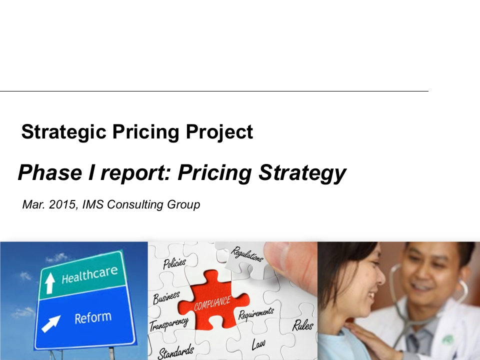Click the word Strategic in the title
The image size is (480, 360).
pyautogui.click(x=63, y=132)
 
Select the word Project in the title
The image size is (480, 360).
pyautogui.click(x=219, y=132)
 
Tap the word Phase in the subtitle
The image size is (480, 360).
pyautogui.click(x=50, y=172)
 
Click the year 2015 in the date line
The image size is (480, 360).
pyautogui.click(x=62, y=204)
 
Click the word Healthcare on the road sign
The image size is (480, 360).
pyautogui.click(x=89, y=274)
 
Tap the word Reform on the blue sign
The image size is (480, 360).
pyautogui.click(x=93, y=318)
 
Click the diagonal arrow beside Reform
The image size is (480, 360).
pyautogui.click(x=51, y=323)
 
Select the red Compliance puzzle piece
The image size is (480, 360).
pyautogui.click(x=213, y=300)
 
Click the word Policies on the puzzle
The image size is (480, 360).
pyautogui.click(x=174, y=263)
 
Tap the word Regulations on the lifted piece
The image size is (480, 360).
pyautogui.click(x=247, y=254)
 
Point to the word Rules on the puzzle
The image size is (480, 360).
pyautogui.click(x=303, y=325)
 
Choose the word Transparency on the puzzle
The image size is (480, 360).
pyautogui.click(x=168, y=324)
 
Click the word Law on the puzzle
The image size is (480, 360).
pyautogui.click(x=258, y=344)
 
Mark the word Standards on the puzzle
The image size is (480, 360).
pyautogui.click(x=176, y=351)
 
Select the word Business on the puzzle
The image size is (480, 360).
pyautogui.click(x=166, y=298)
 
